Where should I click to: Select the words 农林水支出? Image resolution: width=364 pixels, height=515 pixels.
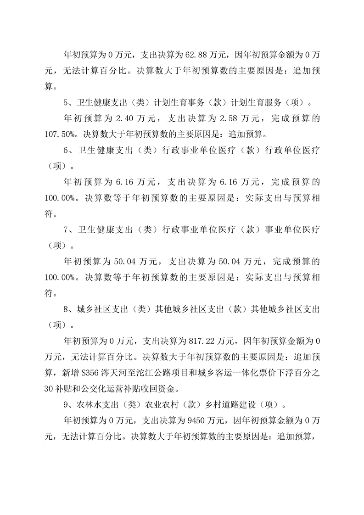[97, 405]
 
